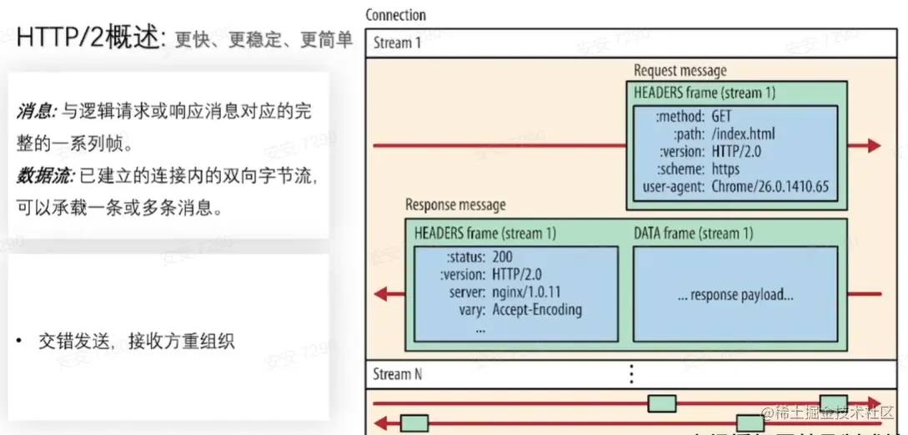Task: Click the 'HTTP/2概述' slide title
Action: coord(92,38)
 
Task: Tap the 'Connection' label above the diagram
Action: coord(395,15)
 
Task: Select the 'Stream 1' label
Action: coord(393,43)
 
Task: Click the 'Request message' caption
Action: coord(680,71)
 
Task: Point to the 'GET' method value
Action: coord(721,116)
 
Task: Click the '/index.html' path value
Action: coord(744,134)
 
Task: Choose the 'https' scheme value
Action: coord(731,169)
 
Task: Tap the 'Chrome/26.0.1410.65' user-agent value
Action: coord(770,186)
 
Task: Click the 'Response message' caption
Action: coord(455,205)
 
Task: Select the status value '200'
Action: coord(504,256)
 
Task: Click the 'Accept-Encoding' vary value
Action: coord(537,310)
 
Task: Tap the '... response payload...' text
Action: coord(735,295)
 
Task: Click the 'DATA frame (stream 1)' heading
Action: coord(693,234)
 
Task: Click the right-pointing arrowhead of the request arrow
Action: coord(873,145)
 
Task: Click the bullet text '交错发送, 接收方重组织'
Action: coord(136,341)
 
